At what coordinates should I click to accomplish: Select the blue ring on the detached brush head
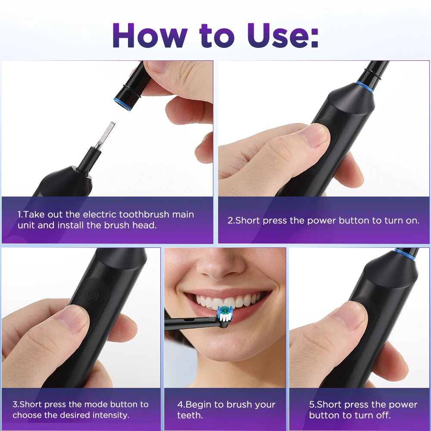tap(122, 104)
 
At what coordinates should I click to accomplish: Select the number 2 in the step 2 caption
tap(230, 221)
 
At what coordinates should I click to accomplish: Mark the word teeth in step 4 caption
tap(190, 415)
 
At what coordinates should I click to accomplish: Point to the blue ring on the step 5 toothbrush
tap(405, 253)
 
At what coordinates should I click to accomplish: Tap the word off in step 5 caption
tap(383, 415)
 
